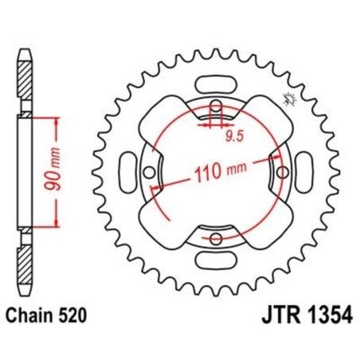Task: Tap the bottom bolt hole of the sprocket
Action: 215,237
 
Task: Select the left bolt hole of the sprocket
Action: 150,171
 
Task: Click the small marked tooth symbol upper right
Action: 288,100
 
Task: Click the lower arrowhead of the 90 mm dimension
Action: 57,225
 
